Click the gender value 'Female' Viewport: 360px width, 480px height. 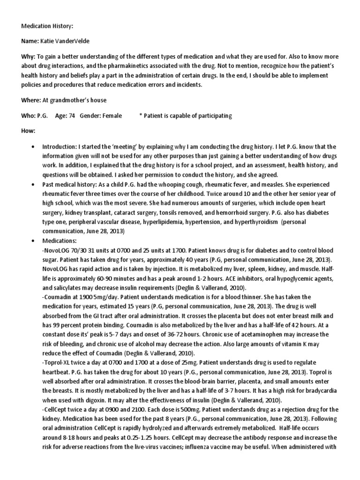pyautogui.click(x=112, y=116)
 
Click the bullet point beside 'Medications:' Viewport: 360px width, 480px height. pyautogui.click(x=32, y=240)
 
